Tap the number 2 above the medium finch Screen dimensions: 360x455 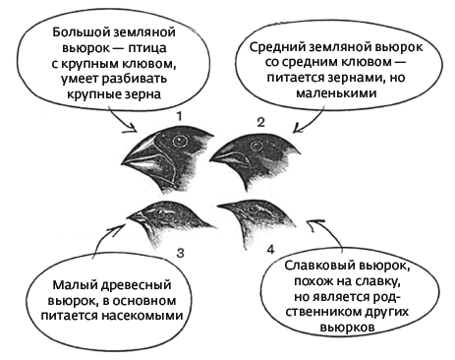point(260,121)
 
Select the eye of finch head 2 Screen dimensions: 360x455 point(257,144)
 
